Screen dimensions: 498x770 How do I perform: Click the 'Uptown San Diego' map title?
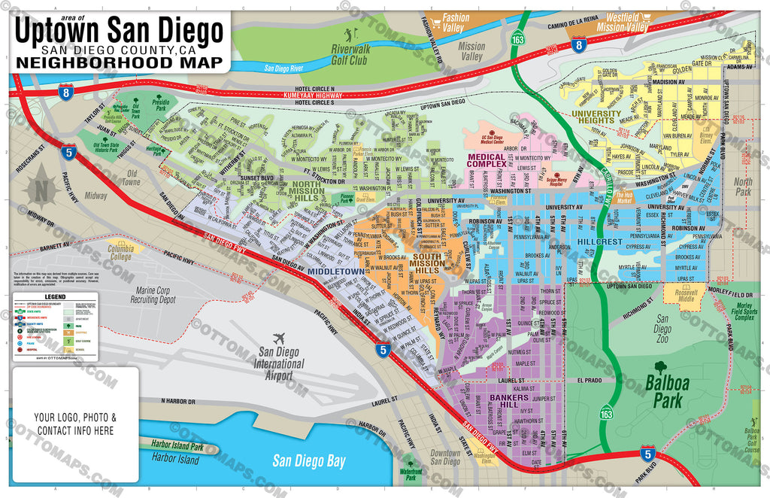pos(120,32)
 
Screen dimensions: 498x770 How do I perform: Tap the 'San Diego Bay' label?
pos(308,460)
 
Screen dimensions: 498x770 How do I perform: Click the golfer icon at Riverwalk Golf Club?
pos(348,35)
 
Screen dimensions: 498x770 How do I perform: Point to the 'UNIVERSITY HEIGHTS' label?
pos(596,118)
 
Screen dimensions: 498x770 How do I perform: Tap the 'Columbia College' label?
pos(121,251)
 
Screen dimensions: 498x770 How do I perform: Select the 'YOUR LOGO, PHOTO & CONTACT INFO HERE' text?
pos(74,424)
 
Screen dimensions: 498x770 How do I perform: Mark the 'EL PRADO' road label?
pos(591,381)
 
